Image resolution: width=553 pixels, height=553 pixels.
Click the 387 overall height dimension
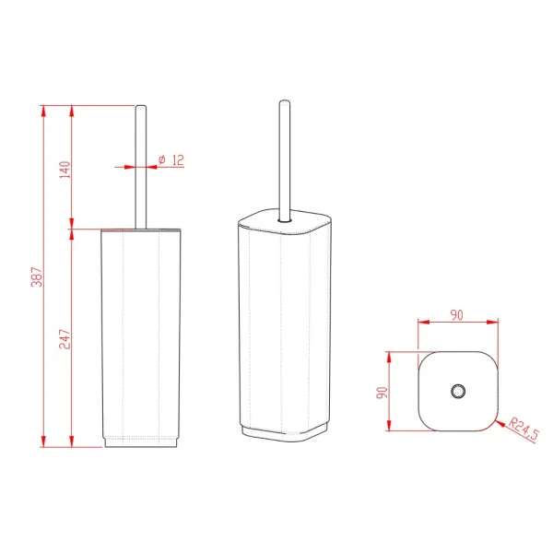pos(37,276)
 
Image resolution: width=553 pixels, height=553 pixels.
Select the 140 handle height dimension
pos(65,170)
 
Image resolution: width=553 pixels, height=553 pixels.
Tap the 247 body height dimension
pos(65,339)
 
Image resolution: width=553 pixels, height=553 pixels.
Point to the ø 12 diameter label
pos(171,160)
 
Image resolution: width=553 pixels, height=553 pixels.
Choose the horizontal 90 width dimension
pos(457,315)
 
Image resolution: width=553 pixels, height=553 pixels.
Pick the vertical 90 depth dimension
pos(382,393)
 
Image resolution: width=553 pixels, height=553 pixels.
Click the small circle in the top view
pos(458,391)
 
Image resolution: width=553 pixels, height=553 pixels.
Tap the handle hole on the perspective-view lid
pos(285,220)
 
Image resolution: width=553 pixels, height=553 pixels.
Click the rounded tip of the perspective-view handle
pos(285,102)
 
